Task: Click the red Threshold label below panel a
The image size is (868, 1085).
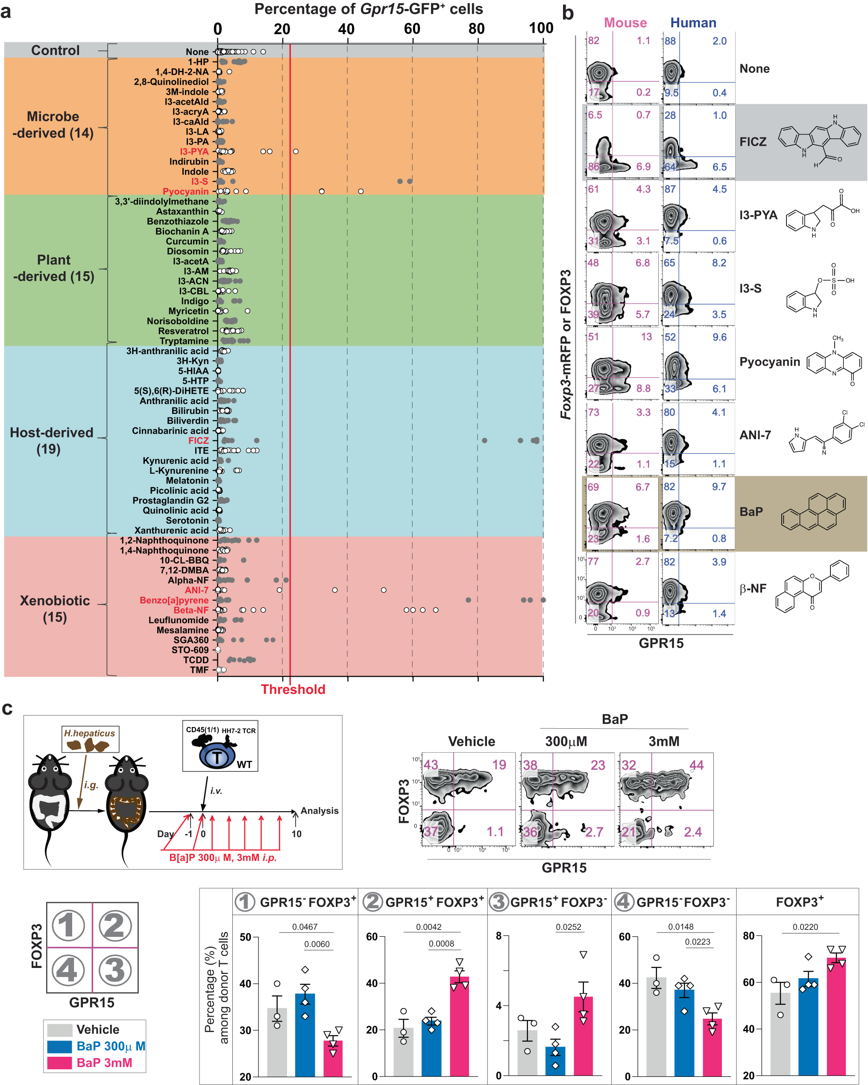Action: tap(293, 689)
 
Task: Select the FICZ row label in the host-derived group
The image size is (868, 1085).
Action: tap(198, 440)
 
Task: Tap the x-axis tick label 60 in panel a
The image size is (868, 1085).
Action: tap(412, 29)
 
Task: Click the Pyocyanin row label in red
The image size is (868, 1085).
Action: tap(185, 191)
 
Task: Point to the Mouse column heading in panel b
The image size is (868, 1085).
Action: tap(625, 23)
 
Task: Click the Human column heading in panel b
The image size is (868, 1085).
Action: tap(693, 23)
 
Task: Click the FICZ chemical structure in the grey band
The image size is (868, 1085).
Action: tap(819, 141)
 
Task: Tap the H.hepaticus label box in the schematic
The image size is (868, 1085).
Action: tap(90, 733)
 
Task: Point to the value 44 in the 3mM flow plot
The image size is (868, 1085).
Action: tap(696, 765)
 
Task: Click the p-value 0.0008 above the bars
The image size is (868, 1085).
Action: tap(441, 944)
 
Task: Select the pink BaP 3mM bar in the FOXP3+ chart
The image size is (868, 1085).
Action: tap(836, 1017)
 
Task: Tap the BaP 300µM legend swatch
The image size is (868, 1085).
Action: tap(59, 1046)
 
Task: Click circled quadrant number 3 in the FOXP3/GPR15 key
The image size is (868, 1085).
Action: tap(115, 970)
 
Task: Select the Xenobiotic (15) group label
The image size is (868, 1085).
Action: tap(55, 608)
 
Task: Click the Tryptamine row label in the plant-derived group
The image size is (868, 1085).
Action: tap(184, 341)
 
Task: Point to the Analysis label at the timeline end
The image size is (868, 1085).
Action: tap(319, 811)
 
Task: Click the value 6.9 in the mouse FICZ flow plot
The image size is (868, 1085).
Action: tap(643, 167)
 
